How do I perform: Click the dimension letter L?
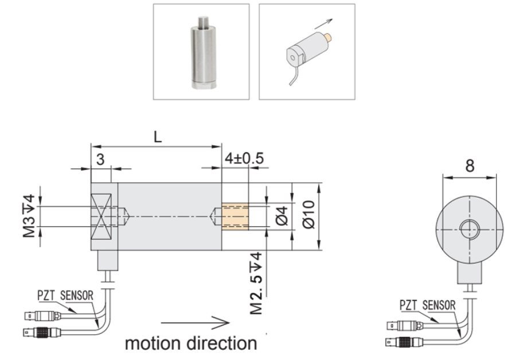click(158, 138)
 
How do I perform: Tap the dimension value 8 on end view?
click(470, 167)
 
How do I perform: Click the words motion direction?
click(191, 343)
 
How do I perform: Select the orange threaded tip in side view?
click(234, 216)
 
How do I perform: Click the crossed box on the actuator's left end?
click(104, 216)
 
